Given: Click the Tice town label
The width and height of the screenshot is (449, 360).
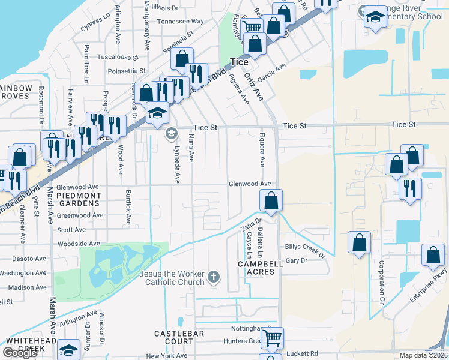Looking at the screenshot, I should coord(239,61).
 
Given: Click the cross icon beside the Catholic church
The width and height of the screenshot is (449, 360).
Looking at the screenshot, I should coord(213,277).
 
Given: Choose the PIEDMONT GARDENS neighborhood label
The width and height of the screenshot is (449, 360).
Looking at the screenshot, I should coord(79,199).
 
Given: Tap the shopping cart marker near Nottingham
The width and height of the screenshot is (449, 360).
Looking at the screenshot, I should coord(272,337).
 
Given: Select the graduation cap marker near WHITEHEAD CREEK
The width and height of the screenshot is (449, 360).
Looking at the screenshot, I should coord(69,350).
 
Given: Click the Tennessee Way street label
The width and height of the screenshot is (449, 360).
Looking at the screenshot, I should coord(181,21).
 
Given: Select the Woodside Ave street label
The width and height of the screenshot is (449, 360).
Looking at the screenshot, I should coord(78,244).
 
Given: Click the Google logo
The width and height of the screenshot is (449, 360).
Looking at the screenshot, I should coord(20,353).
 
